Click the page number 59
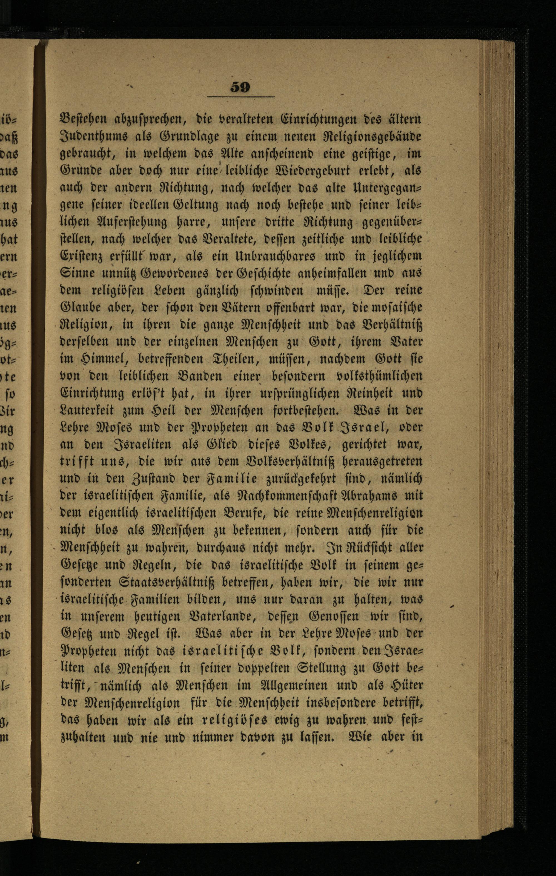click(x=240, y=87)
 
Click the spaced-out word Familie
click(x=241, y=479)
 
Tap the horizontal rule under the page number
click(x=240, y=97)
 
